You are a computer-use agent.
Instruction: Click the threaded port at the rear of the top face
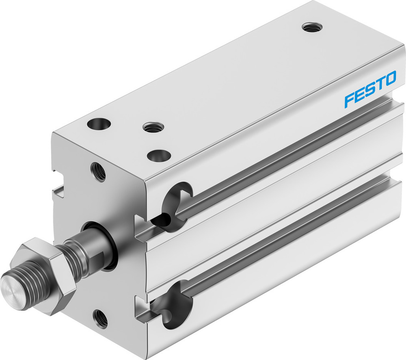click(312, 28)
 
